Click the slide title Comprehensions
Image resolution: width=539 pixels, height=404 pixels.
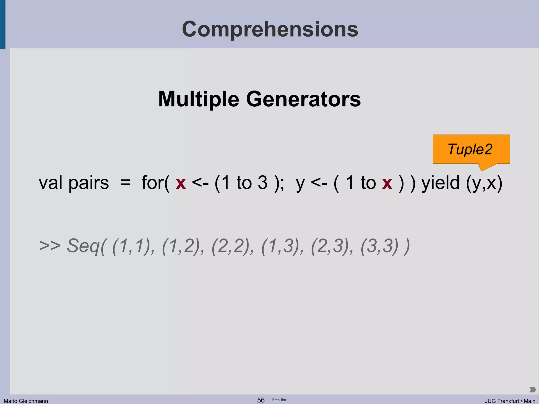[270, 29]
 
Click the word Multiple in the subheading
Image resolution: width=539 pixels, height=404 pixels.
[199, 99]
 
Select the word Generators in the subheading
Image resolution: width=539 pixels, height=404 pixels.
[303, 99]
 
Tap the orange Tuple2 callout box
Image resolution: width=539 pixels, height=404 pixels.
[471, 149]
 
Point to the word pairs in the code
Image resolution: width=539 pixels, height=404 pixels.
[88, 183]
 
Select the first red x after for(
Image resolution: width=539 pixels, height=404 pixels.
[181, 183]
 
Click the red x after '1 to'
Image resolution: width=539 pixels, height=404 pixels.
[387, 183]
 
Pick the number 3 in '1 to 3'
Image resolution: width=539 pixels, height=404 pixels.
[262, 183]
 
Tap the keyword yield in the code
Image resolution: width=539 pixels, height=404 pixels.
[441, 183]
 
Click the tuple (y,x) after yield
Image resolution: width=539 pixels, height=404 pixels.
[484, 183]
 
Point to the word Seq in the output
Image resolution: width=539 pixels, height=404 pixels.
[84, 246]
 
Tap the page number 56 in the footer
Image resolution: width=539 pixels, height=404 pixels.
[261, 400]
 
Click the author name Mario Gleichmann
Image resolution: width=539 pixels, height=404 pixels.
[26, 401]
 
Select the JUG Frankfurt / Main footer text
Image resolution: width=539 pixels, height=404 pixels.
[510, 401]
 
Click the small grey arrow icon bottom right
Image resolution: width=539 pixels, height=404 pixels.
[532, 389]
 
